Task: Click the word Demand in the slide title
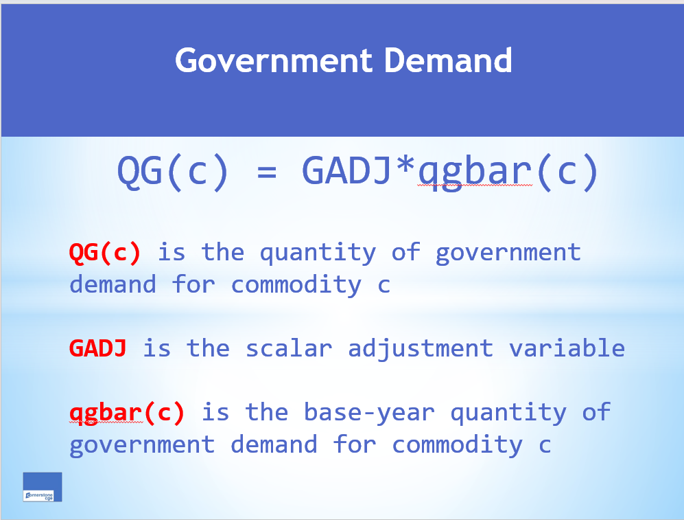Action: [448, 61]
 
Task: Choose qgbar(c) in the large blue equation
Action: [508, 172]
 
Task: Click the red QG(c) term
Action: [105, 253]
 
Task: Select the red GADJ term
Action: [97, 348]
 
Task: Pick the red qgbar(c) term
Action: [127, 413]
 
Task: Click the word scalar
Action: [289, 348]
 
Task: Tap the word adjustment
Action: [421, 349]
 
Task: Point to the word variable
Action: [567, 348]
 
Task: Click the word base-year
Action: [369, 413]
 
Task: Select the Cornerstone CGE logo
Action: [43, 487]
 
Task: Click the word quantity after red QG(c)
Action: [318, 253]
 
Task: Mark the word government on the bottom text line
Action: [142, 445]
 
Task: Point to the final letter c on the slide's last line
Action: [545, 445]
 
